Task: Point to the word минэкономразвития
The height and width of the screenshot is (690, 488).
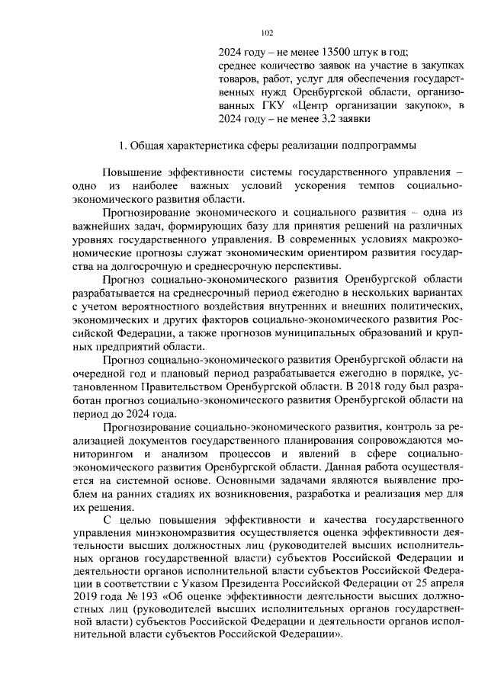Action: (x=176, y=534)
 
